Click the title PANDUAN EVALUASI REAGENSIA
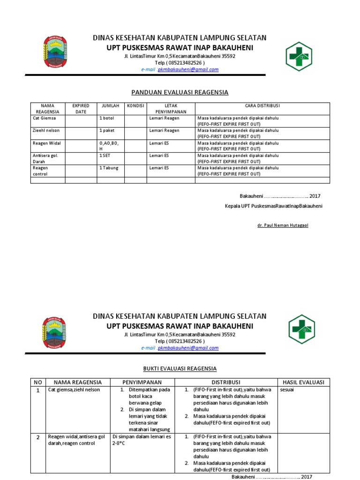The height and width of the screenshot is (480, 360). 180,92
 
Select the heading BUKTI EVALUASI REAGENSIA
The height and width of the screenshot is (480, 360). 180,369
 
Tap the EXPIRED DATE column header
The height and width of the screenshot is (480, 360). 80,109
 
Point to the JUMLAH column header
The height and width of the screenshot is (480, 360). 110,106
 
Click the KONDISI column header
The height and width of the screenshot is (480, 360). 135,106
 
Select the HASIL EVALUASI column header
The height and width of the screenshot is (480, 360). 303,382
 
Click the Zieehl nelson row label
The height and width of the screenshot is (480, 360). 47,131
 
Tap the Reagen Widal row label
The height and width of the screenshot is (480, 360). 47,143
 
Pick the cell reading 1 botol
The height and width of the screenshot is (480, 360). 107,119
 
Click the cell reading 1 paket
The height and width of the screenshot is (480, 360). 107,131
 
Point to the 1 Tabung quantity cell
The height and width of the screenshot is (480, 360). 109,168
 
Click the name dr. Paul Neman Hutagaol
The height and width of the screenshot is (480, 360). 283,225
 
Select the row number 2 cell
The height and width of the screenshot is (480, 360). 38,437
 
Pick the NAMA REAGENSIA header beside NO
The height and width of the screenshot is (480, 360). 77,382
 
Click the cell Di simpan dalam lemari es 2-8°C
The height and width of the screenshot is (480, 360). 142,440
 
